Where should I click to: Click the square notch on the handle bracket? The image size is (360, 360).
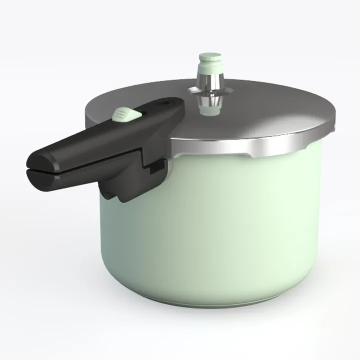156,167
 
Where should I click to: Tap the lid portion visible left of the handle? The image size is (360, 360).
95,107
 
